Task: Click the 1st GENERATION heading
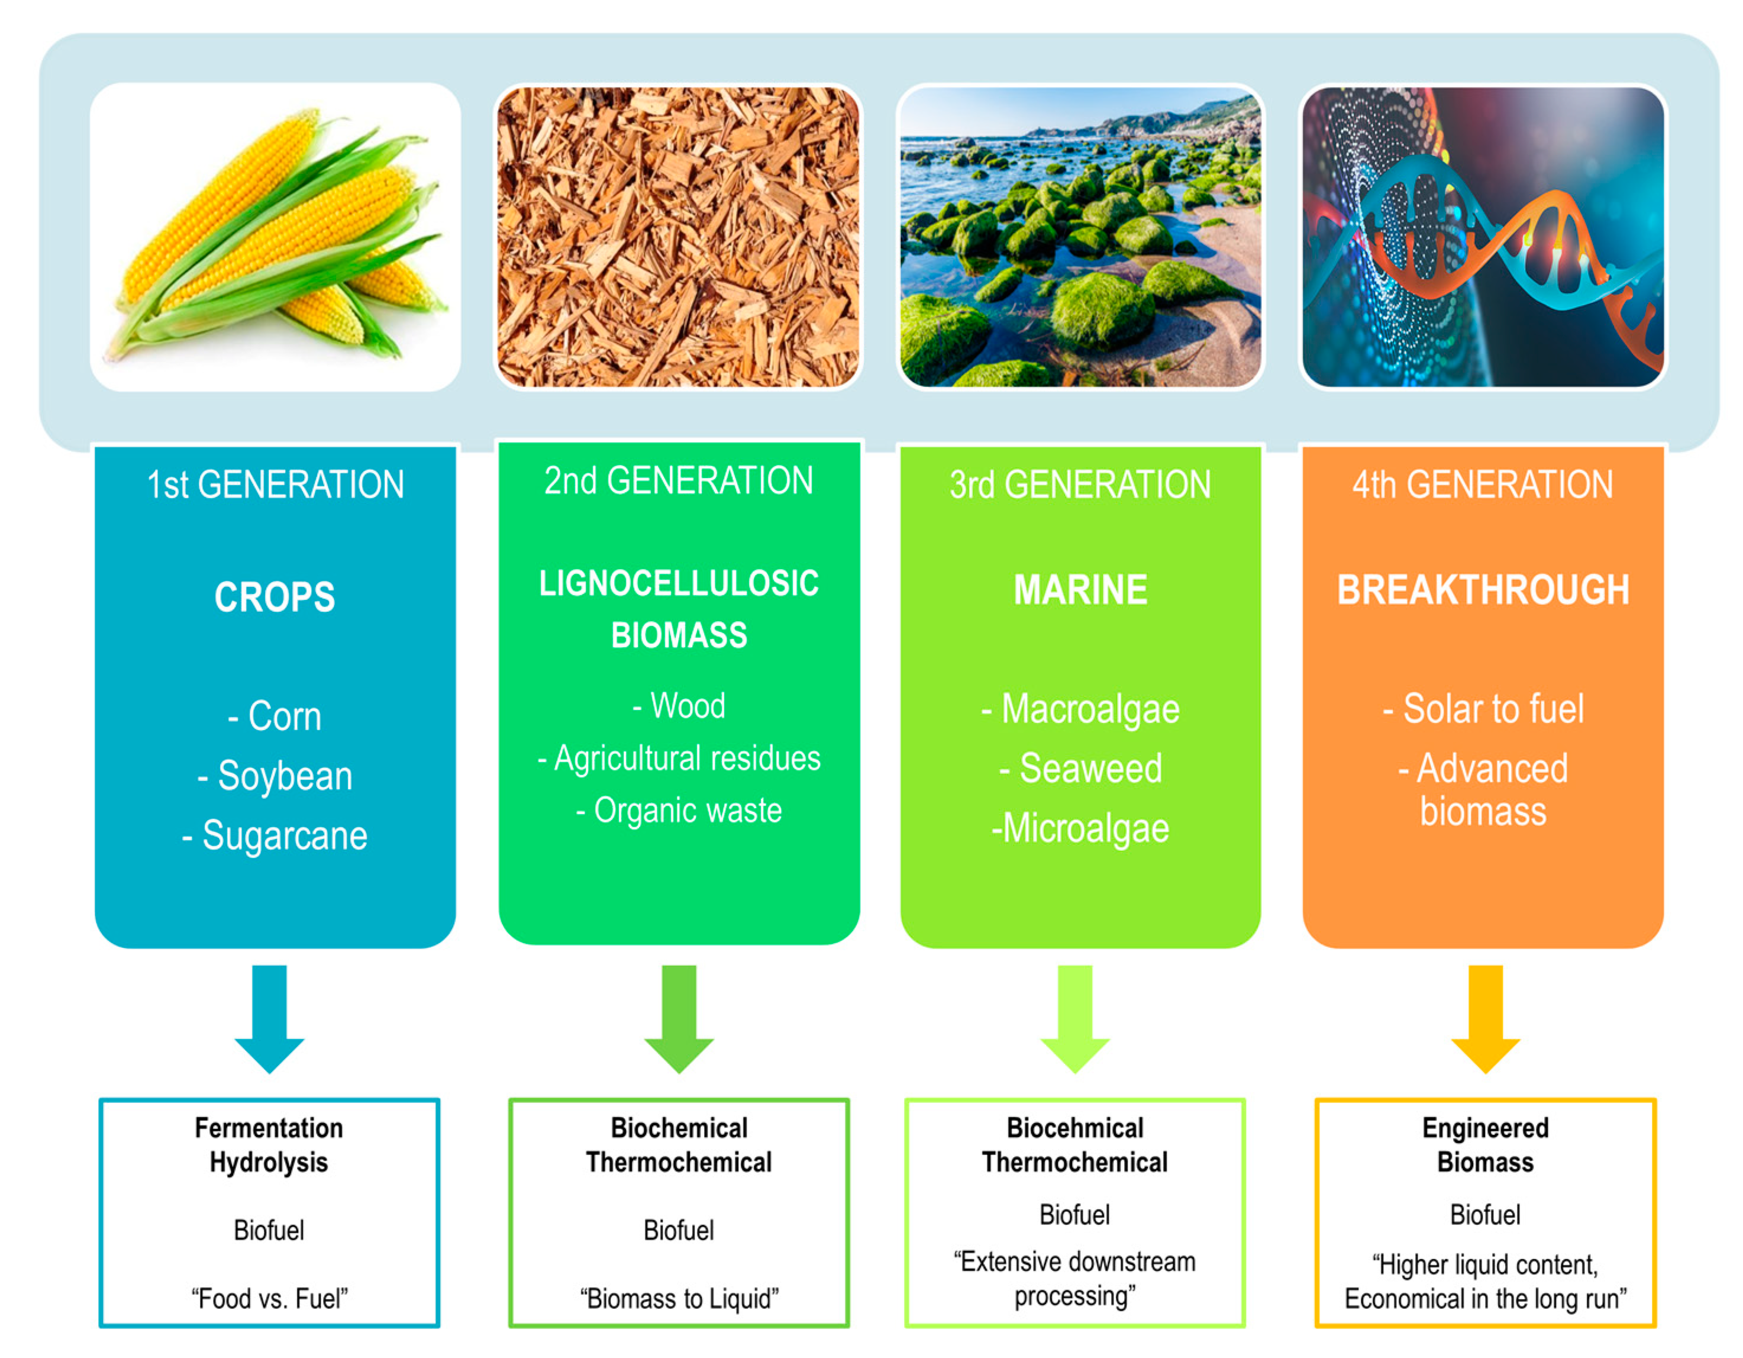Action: click(275, 485)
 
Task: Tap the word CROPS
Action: click(275, 597)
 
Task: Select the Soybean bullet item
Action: click(275, 776)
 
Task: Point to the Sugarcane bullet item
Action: click(275, 836)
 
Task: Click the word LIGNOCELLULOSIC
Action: click(679, 583)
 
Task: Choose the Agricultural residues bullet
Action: click(679, 759)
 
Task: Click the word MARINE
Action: click(1080, 590)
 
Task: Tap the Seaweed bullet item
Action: click(1080, 769)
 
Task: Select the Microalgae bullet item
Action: click(1080, 828)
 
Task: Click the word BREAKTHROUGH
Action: click(1483, 590)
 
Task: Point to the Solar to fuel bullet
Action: click(1483, 709)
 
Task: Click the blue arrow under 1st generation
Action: click(269, 1019)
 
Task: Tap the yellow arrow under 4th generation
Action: click(1485, 1019)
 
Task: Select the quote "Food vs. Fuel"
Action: click(269, 1299)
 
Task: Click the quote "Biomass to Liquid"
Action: click(679, 1299)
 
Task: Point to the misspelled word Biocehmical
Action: click(1075, 1128)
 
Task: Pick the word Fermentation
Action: click(269, 1128)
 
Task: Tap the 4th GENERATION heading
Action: click(1483, 485)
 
